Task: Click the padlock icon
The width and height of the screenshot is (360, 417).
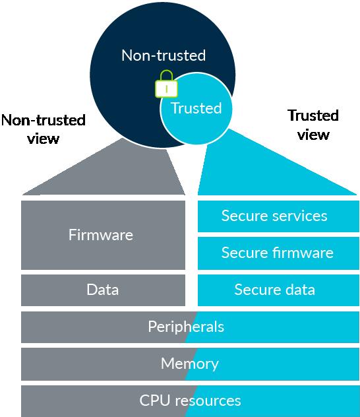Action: coord(167,84)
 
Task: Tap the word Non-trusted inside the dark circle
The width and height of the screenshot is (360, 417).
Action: coord(164,55)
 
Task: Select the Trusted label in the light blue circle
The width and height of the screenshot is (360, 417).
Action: coord(196,108)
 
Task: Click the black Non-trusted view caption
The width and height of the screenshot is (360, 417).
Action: coord(44,129)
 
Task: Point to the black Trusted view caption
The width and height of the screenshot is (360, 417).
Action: coord(313,125)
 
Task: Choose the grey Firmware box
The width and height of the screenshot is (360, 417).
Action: coord(103,235)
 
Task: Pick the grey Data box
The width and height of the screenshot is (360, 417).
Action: coord(103,290)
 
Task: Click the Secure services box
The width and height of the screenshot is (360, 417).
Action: coord(278,216)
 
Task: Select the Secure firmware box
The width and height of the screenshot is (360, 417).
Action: coord(278,253)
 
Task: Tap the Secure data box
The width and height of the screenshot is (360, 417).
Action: coord(278,290)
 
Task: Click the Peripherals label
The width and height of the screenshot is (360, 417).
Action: coord(186,327)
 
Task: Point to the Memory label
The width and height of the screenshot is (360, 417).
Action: coord(190,364)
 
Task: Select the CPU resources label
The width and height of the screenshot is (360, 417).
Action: coord(191,401)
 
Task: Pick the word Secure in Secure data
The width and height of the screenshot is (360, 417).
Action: coord(252,290)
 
